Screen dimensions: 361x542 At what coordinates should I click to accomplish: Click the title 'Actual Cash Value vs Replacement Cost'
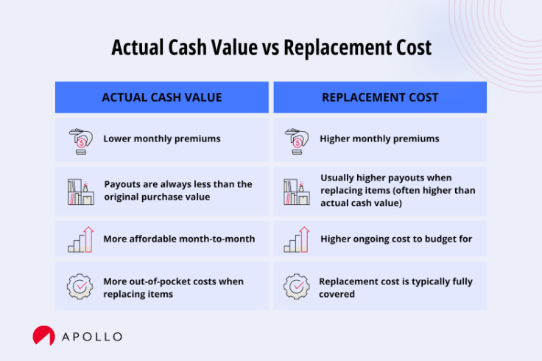click(271, 48)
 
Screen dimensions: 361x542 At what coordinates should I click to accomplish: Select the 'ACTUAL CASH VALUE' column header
click(161, 97)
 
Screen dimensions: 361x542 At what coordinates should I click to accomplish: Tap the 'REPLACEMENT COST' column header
click(380, 97)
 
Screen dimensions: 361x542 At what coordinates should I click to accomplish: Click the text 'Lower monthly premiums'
click(161, 139)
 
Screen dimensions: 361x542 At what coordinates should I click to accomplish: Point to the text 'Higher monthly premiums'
click(379, 139)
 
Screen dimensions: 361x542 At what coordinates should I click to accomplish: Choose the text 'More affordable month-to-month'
click(179, 239)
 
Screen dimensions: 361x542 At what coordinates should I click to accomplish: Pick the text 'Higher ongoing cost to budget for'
click(396, 239)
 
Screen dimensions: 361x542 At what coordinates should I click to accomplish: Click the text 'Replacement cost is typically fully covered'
click(395, 287)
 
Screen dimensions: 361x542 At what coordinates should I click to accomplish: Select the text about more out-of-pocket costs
click(173, 287)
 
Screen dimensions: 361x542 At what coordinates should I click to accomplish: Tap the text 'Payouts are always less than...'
click(177, 190)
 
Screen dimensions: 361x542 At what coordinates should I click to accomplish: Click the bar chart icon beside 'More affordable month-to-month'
click(80, 239)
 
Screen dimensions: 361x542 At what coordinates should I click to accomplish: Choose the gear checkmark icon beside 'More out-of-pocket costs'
click(80, 287)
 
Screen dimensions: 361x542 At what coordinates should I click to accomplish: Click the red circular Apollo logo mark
click(43, 336)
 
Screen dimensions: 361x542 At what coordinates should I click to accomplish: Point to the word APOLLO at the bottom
click(92, 337)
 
